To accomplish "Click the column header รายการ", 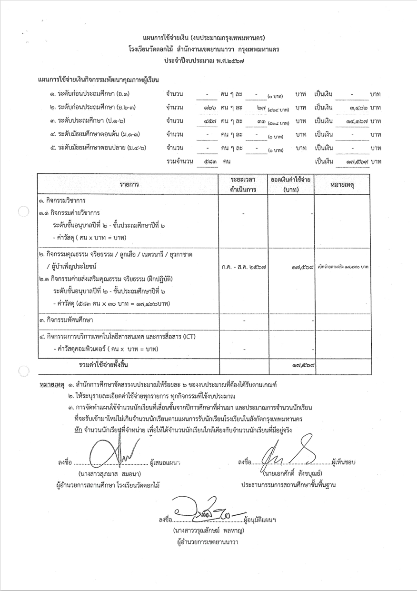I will click(127, 184).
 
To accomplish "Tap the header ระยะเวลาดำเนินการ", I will click(243, 184).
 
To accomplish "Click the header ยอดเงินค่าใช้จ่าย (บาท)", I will click(291, 184).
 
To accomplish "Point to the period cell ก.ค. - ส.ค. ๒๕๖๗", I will click(243, 267).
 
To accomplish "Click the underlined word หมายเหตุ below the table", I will click(52, 383).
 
